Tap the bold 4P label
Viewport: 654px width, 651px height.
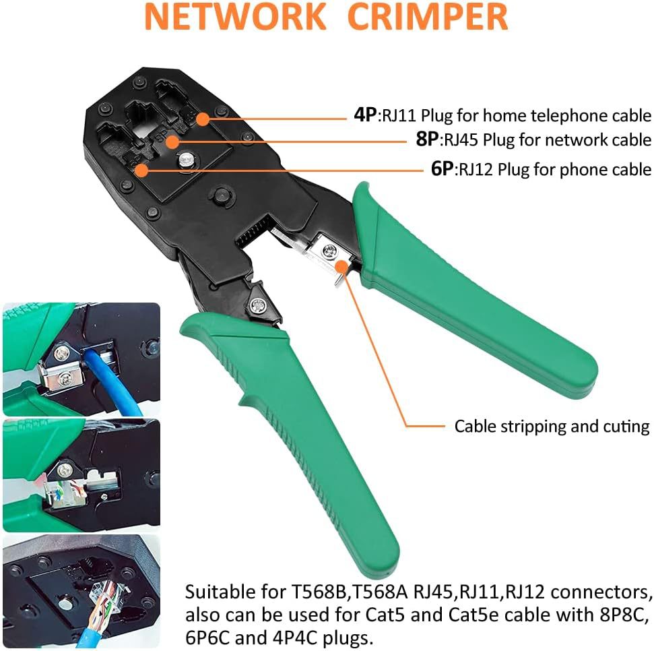click(x=366, y=115)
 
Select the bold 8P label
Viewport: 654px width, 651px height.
click(x=427, y=140)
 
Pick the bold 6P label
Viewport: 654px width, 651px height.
click(x=443, y=168)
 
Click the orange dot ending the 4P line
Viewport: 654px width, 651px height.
click(x=202, y=119)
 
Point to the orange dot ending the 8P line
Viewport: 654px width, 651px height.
click(x=172, y=142)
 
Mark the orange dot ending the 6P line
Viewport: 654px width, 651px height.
click(x=141, y=170)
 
